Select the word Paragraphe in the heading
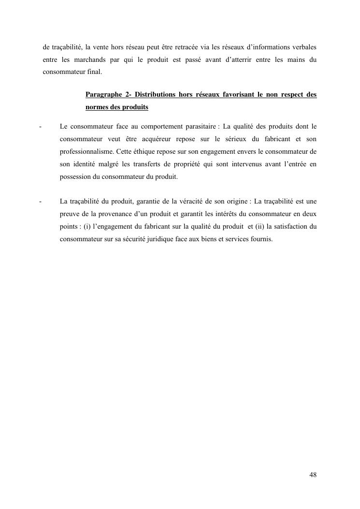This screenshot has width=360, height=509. [x=103, y=94]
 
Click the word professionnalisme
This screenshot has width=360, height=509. [x=87, y=151]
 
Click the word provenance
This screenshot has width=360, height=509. [x=108, y=214]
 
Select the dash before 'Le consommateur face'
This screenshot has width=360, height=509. [x=40, y=126]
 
